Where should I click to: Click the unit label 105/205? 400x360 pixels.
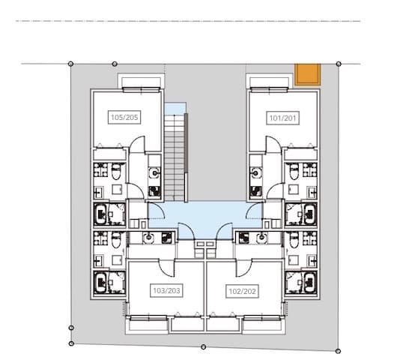[x=124, y=117]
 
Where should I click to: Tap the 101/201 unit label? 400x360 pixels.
[x=282, y=118]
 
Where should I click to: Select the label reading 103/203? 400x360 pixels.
[x=166, y=290]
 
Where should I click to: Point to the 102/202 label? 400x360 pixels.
[x=242, y=291]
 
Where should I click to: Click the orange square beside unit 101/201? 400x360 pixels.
[x=307, y=74]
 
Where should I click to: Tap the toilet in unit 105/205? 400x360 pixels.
[x=116, y=171]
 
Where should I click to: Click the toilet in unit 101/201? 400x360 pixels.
[x=294, y=171]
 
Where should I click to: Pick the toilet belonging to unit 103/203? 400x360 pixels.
[x=116, y=240]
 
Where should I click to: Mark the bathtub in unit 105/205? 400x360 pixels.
[x=100, y=214]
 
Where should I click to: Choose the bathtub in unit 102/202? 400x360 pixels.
[x=310, y=283]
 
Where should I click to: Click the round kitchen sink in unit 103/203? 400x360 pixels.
[x=148, y=238]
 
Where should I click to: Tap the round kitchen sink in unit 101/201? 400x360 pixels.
[x=255, y=173]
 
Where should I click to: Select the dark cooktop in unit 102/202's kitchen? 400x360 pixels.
[x=244, y=237]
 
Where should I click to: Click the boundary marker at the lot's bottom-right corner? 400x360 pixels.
[x=339, y=351]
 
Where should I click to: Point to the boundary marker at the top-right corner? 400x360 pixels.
[x=339, y=64]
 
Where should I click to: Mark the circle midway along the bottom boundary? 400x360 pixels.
[x=203, y=347]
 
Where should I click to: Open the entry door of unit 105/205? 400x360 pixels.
[x=156, y=210]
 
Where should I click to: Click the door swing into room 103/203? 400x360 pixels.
[x=166, y=268]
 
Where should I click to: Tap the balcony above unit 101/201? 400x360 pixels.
[x=269, y=82]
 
